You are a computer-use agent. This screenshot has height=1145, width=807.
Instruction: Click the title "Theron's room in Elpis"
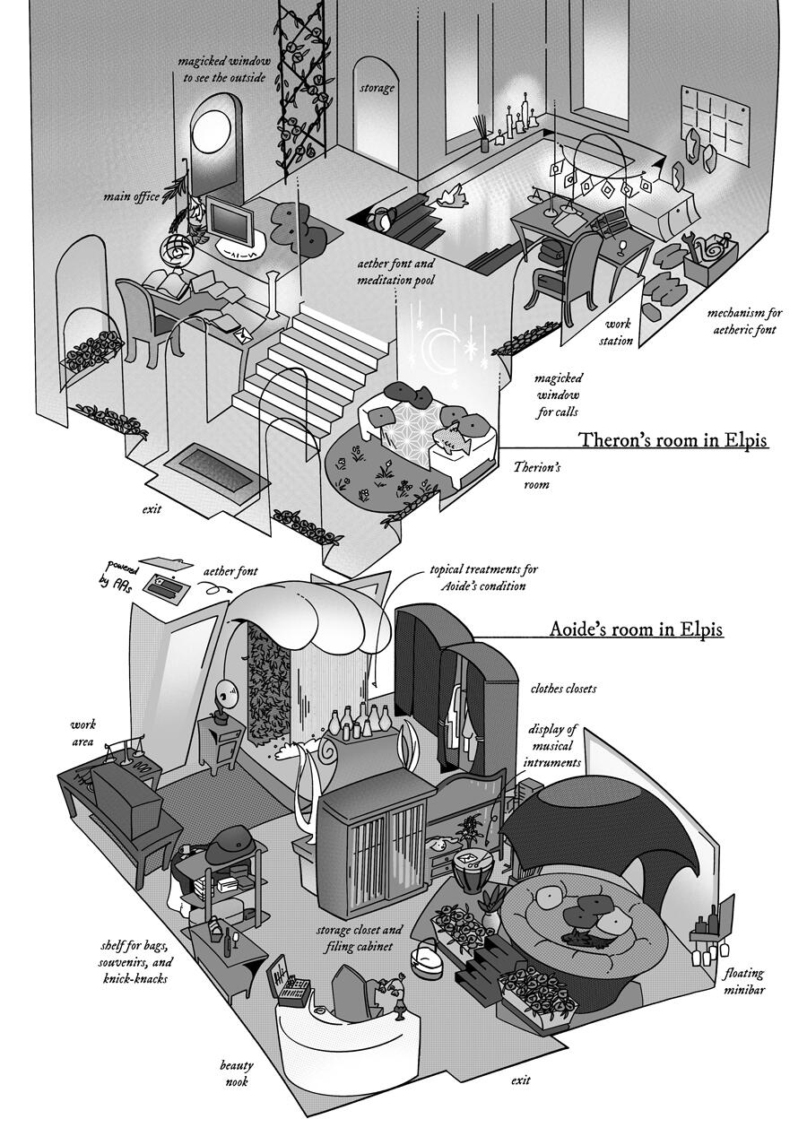pyautogui.click(x=672, y=439)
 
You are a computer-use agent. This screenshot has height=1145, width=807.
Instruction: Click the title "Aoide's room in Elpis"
pyautogui.click(x=637, y=629)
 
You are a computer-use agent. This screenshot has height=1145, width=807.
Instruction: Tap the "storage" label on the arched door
pyautogui.click(x=377, y=88)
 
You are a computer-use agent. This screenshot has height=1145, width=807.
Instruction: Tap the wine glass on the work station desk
pyautogui.click(x=621, y=247)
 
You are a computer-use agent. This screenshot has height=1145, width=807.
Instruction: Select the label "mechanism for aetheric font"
pyautogui.click(x=744, y=321)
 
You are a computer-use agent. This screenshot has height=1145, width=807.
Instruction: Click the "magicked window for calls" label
pyautogui.click(x=558, y=395)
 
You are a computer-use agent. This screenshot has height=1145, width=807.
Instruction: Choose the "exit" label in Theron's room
pyautogui.click(x=152, y=509)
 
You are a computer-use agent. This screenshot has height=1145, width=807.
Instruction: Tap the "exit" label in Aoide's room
pyautogui.click(x=520, y=1079)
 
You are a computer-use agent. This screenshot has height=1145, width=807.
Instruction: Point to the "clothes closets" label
pyautogui.click(x=563, y=688)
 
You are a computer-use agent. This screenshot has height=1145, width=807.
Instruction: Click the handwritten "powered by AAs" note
pyautogui.click(x=118, y=575)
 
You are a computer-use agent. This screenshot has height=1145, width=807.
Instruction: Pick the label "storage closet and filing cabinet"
pyautogui.click(x=359, y=938)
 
